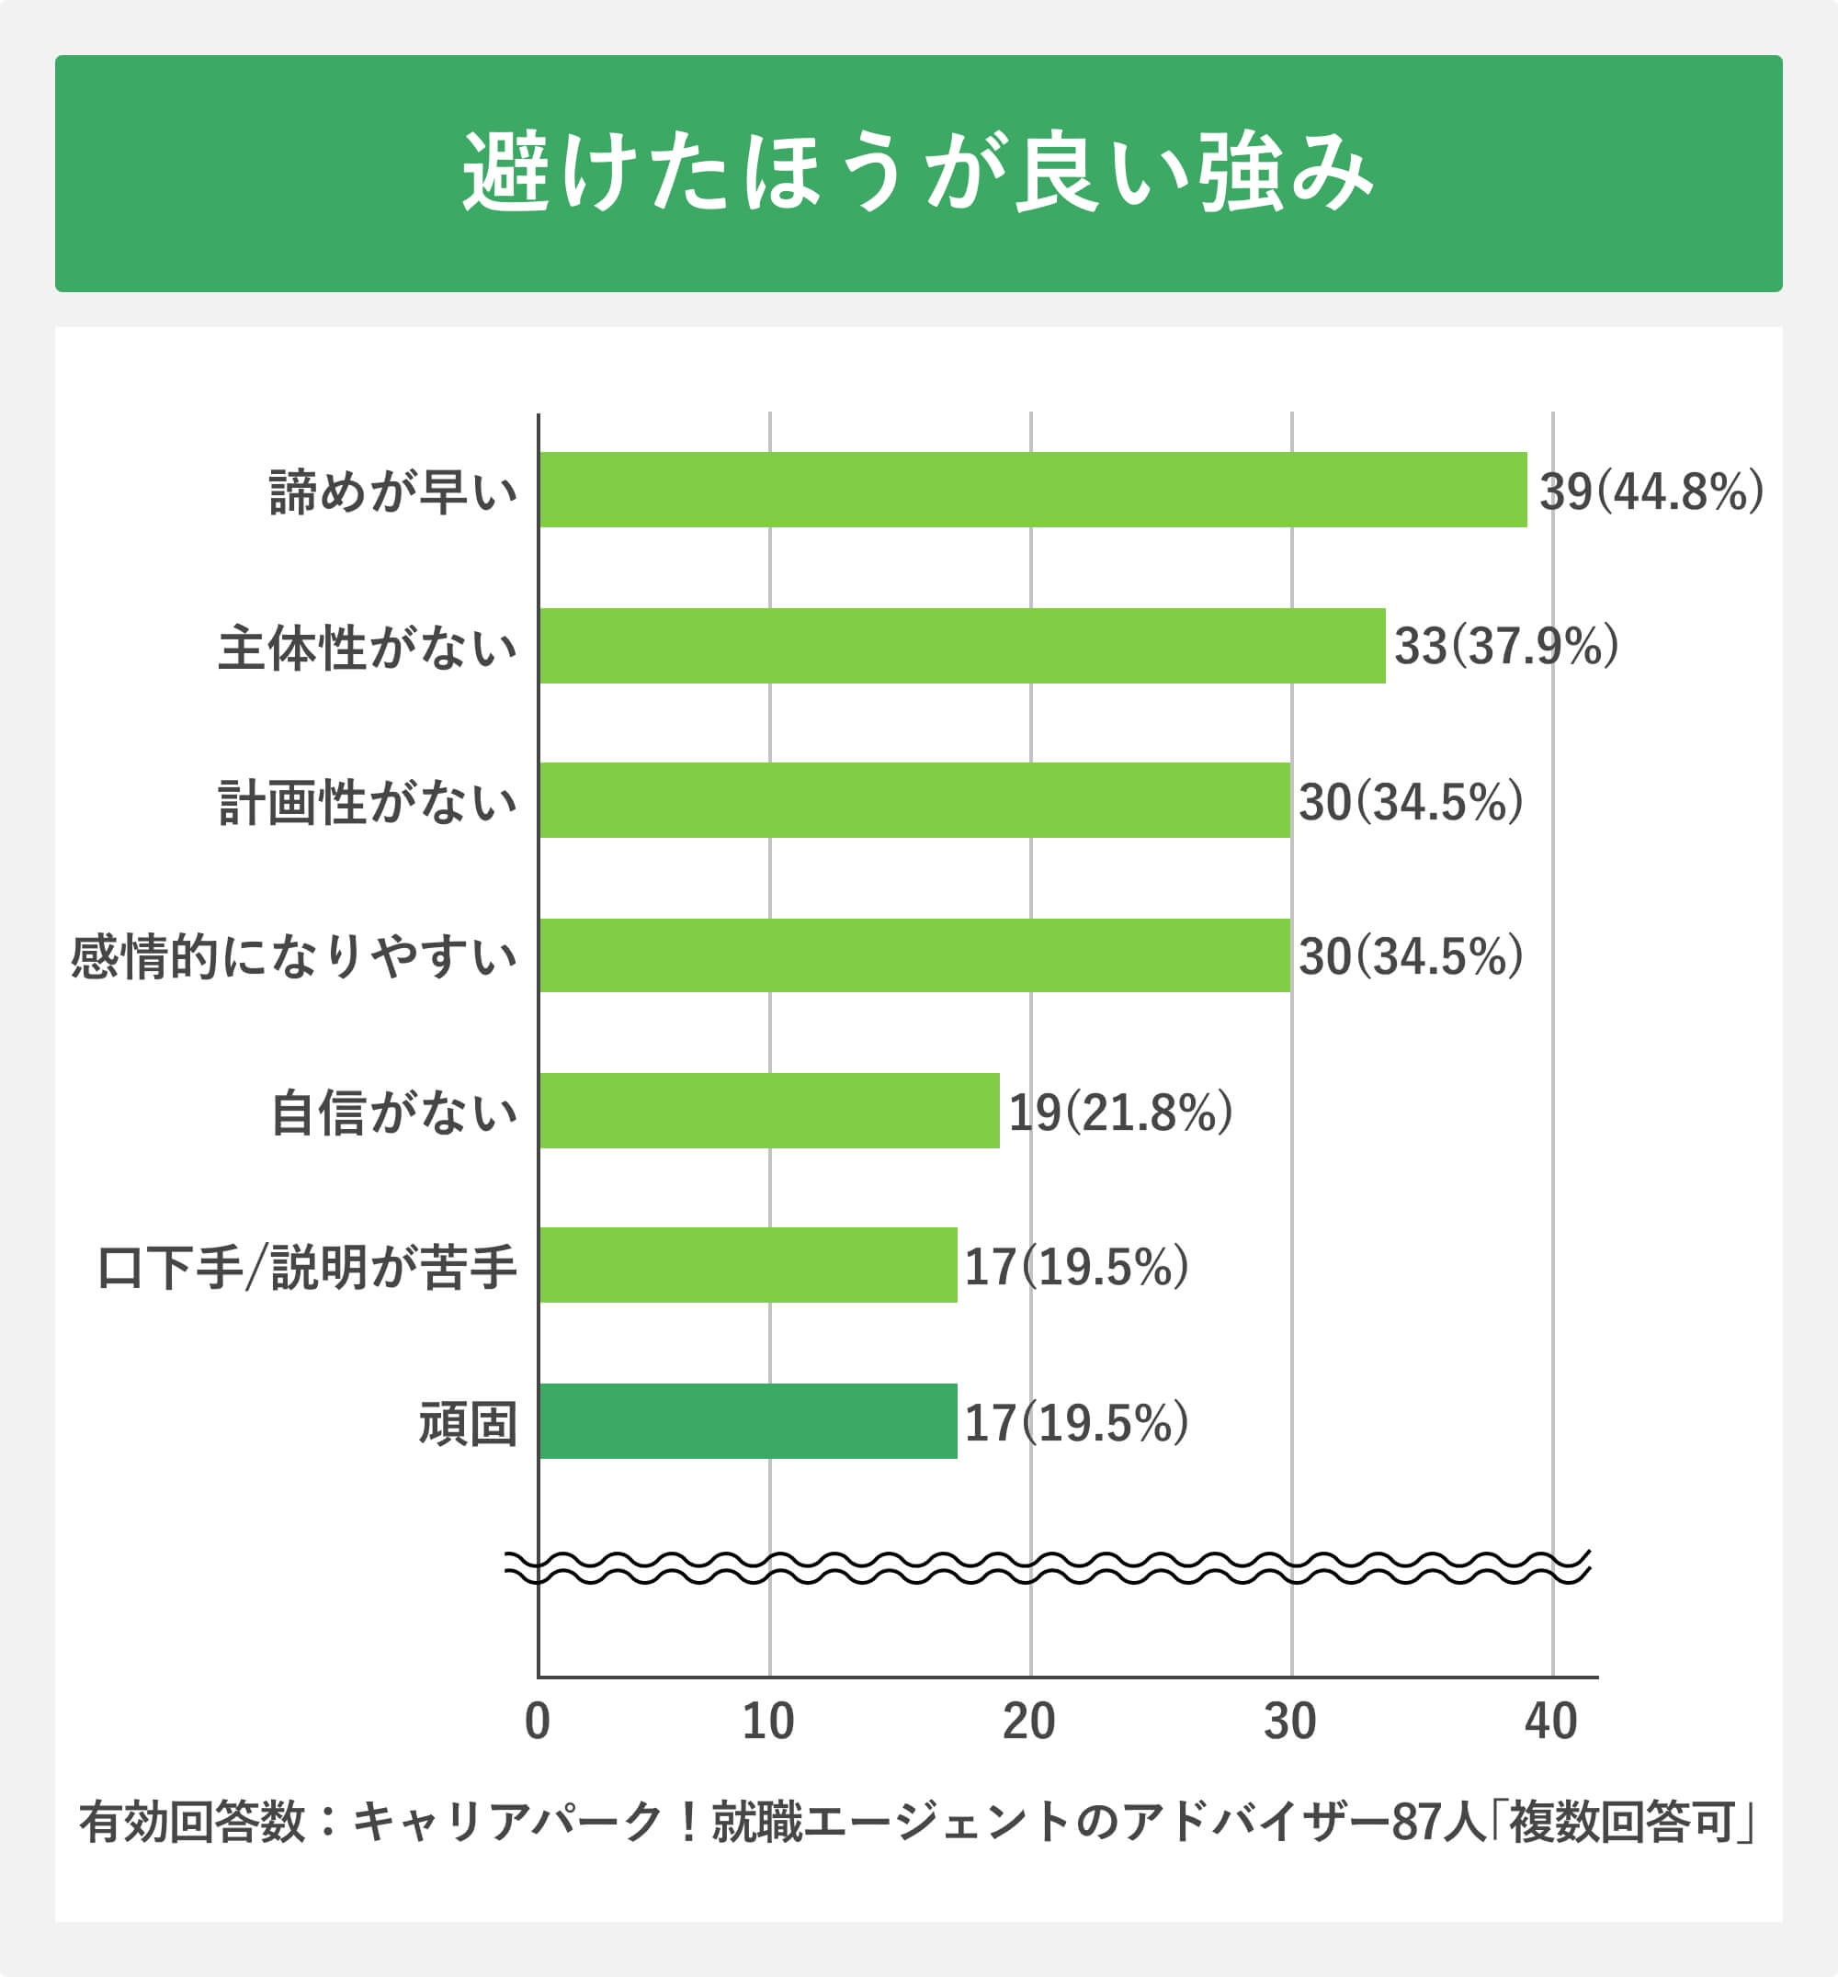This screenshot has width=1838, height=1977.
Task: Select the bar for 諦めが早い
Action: tap(1032, 490)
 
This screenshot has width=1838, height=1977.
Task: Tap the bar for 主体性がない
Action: tap(962, 646)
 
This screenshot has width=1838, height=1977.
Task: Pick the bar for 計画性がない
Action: tap(914, 800)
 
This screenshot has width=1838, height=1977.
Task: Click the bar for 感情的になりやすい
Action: tap(914, 955)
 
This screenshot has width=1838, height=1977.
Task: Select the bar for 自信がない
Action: tap(769, 1111)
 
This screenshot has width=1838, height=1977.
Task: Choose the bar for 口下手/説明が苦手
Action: tap(748, 1265)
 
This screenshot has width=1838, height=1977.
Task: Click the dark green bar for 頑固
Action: tap(748, 1421)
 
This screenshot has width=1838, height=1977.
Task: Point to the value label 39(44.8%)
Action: tap(1651, 491)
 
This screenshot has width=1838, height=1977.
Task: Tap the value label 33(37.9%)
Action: tap(1506, 647)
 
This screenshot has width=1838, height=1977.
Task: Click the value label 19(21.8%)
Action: tap(1120, 1112)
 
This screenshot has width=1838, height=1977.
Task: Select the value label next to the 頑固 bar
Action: tap(1076, 1423)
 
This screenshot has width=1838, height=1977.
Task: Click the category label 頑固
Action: tap(468, 1423)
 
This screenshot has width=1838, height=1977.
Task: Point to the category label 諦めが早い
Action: tap(394, 491)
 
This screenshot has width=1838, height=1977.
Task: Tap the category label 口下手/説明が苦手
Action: tap(307, 1267)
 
